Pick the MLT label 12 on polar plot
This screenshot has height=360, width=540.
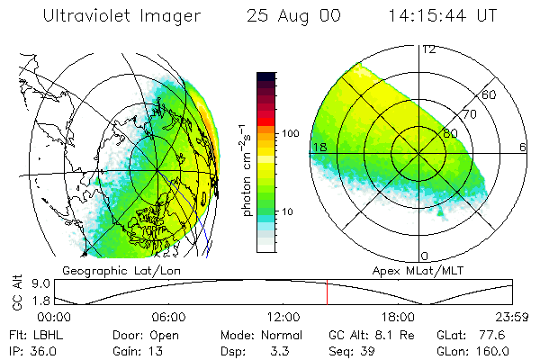click(428, 49)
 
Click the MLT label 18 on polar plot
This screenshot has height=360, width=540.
click(319, 147)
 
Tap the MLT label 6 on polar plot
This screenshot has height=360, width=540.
click(523, 147)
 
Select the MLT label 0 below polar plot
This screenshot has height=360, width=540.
click(425, 256)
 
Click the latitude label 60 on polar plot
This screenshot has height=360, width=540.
click(490, 94)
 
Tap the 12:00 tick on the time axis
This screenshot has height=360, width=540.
click(283, 317)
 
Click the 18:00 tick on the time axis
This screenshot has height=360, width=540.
click(398, 317)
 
